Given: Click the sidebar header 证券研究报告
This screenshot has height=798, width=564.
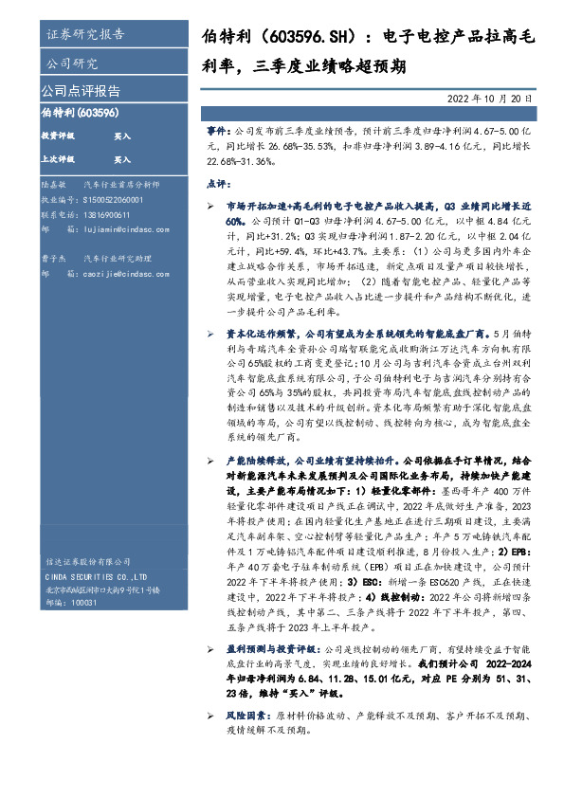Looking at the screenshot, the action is click(85, 35).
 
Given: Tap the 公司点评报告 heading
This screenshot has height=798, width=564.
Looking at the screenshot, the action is click(81, 91).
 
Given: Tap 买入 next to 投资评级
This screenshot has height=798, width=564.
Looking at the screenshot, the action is click(122, 136).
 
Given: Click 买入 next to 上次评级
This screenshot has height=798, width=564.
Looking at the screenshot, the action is click(122, 159).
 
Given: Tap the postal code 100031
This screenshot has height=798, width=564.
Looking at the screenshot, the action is click(84, 602).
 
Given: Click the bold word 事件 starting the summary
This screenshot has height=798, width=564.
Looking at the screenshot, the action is click(217, 126).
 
